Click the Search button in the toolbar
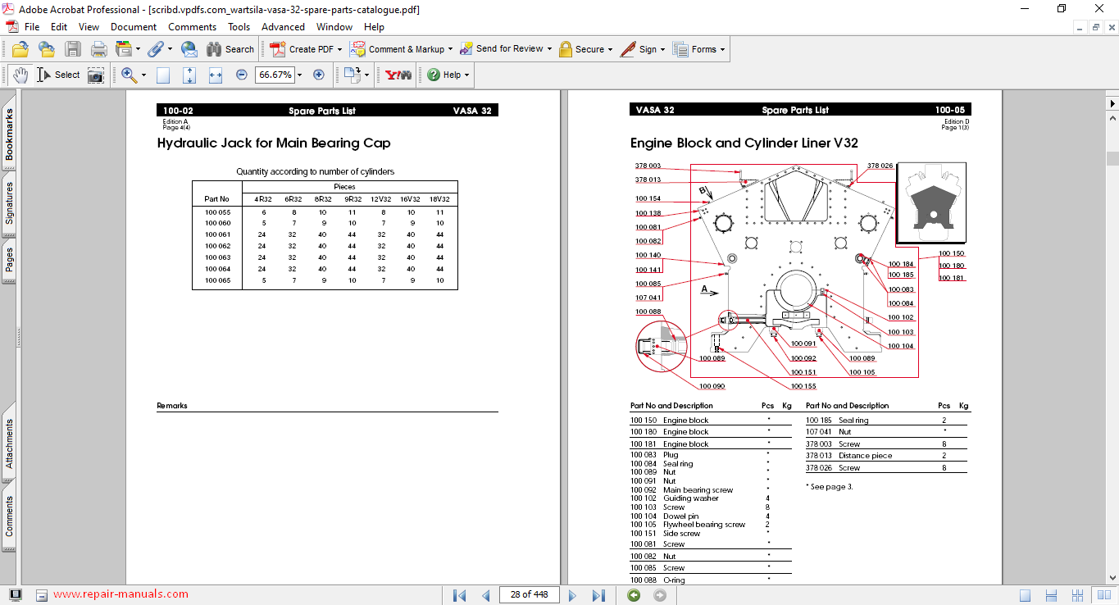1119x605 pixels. pos(230,49)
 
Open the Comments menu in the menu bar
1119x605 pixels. pos(192,27)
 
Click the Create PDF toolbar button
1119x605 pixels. pos(305,49)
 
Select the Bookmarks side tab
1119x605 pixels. pos(10,134)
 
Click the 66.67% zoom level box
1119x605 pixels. pos(275,75)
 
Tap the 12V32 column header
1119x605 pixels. pos(380,199)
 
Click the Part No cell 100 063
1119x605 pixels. pos(217,257)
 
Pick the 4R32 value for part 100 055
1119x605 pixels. pos(264,212)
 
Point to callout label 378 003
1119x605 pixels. pos(648,166)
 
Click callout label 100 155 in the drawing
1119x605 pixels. pos(803,386)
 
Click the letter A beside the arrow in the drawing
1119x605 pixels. pos(704,289)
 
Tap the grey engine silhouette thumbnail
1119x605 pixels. pos(931,202)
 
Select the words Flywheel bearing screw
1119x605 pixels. pos(704,525)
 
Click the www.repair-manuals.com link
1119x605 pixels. pos(121,594)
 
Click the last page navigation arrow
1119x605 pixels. pos(598,595)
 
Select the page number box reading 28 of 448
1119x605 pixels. pos(529,594)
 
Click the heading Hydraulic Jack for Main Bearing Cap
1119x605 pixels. pos(274,143)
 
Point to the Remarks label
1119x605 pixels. pos(172,406)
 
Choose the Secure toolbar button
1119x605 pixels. pos(585,49)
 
